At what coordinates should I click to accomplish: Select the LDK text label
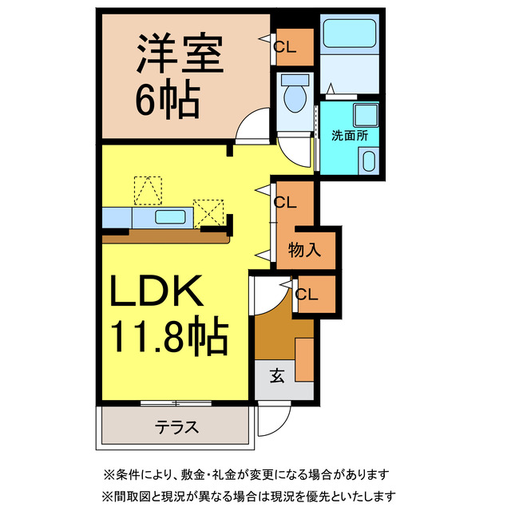[164, 293]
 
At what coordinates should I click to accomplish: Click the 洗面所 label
[349, 135]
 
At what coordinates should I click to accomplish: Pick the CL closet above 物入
[285, 202]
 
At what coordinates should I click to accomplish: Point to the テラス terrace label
[177, 426]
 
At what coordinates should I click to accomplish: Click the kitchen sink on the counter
[171, 216]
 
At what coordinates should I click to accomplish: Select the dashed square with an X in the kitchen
[210, 213]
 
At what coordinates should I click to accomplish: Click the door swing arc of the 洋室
[257, 126]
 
